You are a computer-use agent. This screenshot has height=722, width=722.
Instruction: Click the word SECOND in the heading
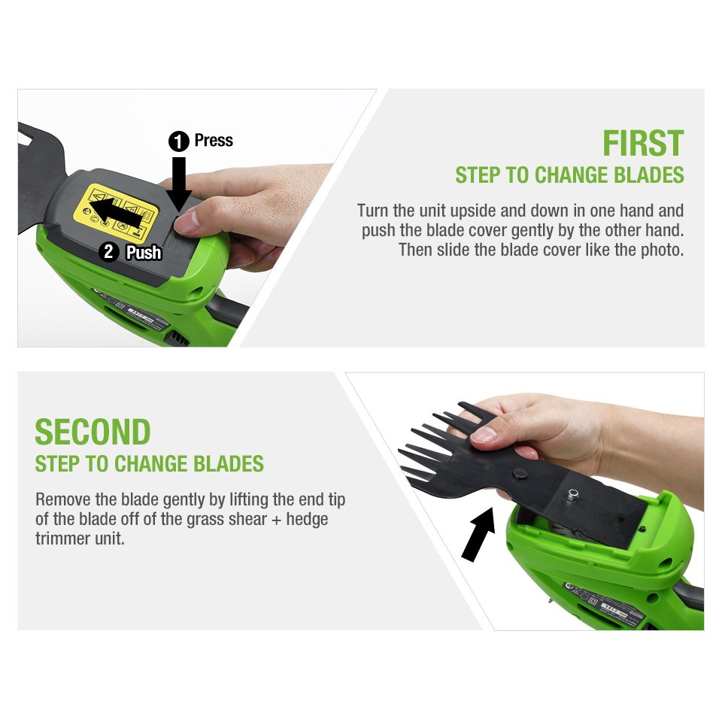(x=93, y=432)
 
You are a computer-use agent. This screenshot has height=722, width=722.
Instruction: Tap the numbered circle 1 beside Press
(x=179, y=141)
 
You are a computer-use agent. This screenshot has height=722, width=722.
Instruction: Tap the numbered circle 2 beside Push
(x=109, y=252)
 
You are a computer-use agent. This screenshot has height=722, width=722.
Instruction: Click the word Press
(x=214, y=140)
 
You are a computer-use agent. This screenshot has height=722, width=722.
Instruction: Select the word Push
(x=144, y=253)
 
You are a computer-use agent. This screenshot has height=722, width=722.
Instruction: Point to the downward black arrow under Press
(x=179, y=184)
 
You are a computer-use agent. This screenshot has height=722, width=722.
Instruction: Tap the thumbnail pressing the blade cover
(x=185, y=221)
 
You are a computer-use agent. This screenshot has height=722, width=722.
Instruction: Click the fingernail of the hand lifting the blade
(x=484, y=434)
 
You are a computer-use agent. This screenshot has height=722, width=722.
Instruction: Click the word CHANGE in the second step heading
(x=150, y=464)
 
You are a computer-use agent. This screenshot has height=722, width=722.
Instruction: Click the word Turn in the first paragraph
(x=373, y=211)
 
